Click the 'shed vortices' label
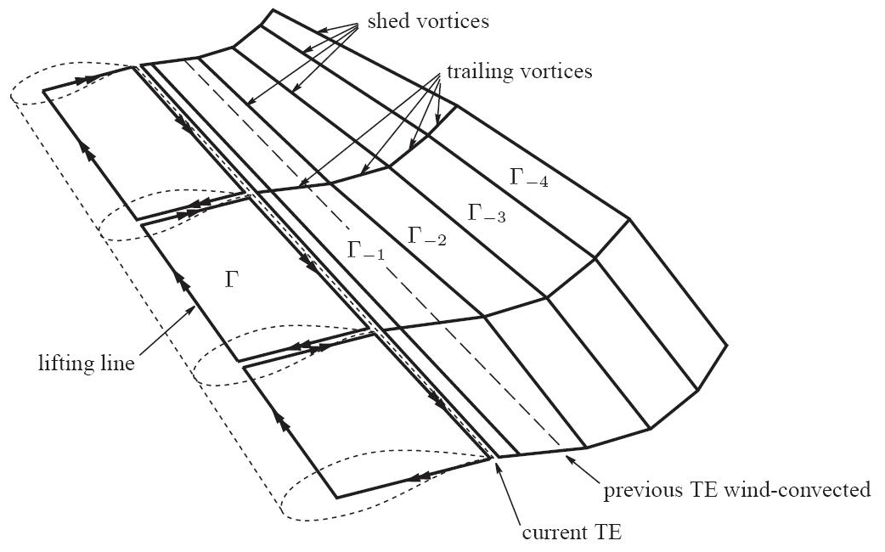[428, 21]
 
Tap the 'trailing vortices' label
[519, 71]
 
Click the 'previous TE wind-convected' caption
[736, 490]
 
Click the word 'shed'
[384, 21]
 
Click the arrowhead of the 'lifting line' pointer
[194, 307]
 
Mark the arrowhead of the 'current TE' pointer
[497, 462]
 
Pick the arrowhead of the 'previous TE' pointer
[567, 455]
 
